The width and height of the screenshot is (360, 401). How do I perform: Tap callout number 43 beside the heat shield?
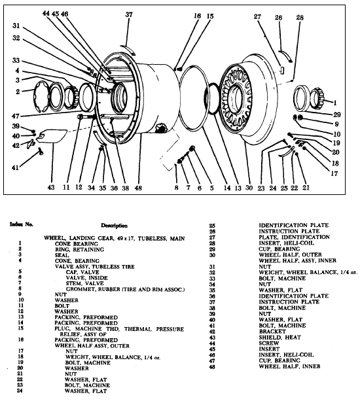tap(51, 188)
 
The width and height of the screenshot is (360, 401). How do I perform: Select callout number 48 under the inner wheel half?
tap(138, 188)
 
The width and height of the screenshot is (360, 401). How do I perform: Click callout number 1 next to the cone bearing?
tap(334, 103)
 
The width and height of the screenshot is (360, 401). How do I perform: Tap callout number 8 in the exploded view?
tap(176, 188)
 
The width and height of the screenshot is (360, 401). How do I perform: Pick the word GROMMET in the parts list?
tap(71, 288)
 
